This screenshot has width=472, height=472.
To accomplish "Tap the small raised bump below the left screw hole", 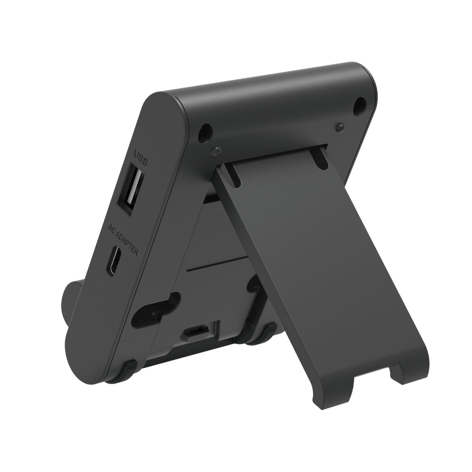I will (x=215, y=151).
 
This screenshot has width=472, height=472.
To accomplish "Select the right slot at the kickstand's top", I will (x=320, y=157).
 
